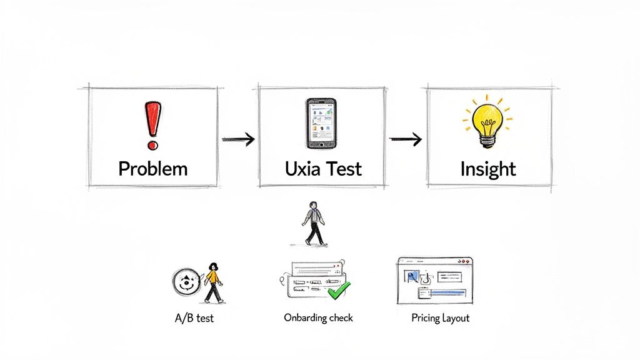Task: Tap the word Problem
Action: click(153, 169)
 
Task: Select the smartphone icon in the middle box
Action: click(321, 123)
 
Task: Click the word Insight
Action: click(488, 169)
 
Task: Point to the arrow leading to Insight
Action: click(405, 139)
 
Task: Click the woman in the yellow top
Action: click(213, 282)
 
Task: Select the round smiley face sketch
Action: click(186, 282)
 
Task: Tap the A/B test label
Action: click(194, 318)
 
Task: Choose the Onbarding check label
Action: click(318, 317)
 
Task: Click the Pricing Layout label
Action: click(440, 318)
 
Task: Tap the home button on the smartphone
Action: click(321, 144)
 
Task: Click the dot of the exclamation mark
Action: click(152, 145)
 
